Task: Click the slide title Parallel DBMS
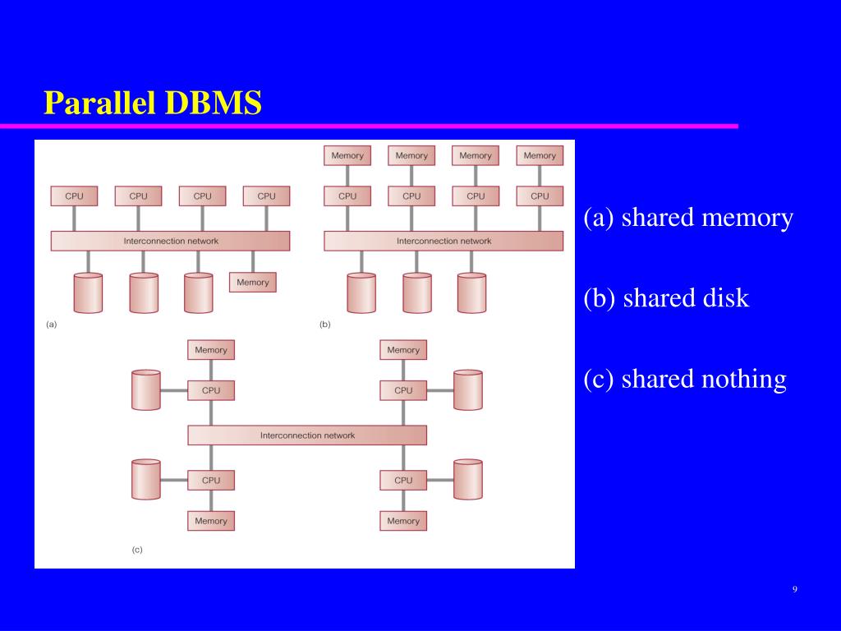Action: [x=153, y=104]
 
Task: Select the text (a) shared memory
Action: [x=688, y=218]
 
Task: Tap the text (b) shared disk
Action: [x=666, y=297]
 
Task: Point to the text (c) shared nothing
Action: [x=685, y=379]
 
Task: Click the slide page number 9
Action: [x=795, y=589]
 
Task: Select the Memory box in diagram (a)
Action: [x=252, y=282]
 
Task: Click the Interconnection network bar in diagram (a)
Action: [x=171, y=241]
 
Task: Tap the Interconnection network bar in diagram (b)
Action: [x=443, y=241]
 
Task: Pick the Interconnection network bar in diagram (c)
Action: [x=307, y=435]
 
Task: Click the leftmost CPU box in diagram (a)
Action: [x=74, y=196]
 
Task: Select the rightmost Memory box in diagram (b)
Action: [x=540, y=155]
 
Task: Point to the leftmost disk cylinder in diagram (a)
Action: [x=88, y=293]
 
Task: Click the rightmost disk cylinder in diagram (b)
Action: [x=471, y=293]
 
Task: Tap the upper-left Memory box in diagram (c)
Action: [x=211, y=350]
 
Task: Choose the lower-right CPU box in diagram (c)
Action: [x=403, y=480]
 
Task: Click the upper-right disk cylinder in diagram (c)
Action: [x=467, y=390]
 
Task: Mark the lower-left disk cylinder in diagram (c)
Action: [x=145, y=480]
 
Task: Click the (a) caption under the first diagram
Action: [x=52, y=325]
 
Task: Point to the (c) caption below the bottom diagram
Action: [x=137, y=550]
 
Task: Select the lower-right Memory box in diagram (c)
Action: [x=403, y=521]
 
